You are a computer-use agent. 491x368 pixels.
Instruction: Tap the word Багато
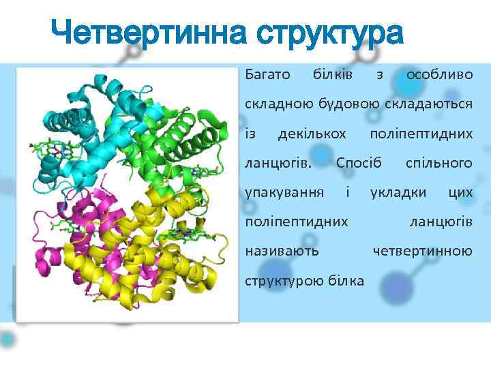click(x=267, y=74)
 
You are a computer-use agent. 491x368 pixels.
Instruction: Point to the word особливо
click(x=439, y=74)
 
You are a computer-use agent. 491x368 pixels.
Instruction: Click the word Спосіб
click(x=359, y=163)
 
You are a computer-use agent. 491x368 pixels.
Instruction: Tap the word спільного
click(x=439, y=163)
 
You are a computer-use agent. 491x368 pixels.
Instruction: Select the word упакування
click(x=284, y=192)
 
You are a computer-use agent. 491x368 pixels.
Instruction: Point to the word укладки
click(x=398, y=192)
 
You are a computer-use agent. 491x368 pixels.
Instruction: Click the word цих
click(x=461, y=192)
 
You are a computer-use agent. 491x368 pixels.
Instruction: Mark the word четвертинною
click(x=422, y=251)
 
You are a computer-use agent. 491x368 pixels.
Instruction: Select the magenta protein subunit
click(x=82, y=232)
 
